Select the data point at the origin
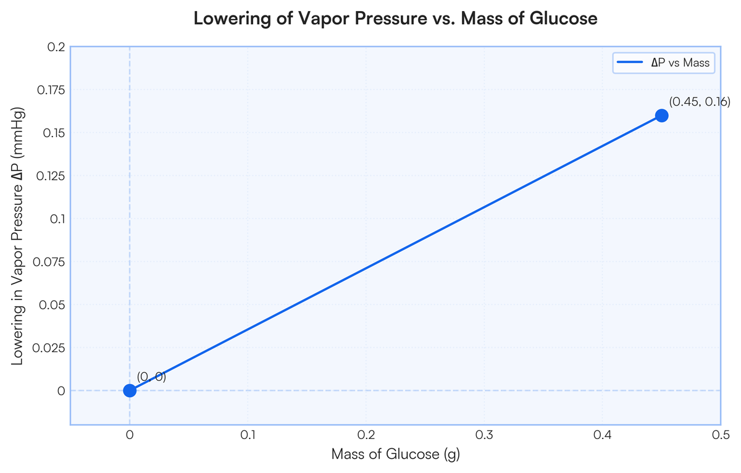(130, 391)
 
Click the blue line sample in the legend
(630, 62)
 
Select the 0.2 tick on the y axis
(56, 47)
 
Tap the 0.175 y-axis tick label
(51, 90)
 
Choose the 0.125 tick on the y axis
(51, 176)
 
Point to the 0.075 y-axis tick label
(49, 262)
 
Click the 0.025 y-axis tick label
(49, 348)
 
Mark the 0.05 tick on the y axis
(52, 305)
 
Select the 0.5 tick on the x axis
(721, 435)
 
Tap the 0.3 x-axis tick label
(484, 435)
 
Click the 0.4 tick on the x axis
(603, 435)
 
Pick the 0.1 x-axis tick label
(248, 435)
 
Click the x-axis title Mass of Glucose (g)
(396, 454)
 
